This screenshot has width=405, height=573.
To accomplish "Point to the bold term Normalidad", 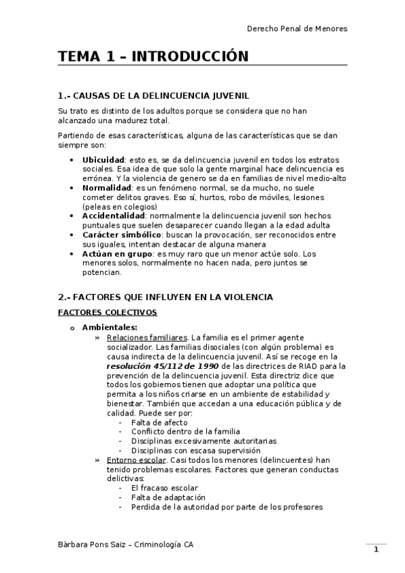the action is [x=106, y=187].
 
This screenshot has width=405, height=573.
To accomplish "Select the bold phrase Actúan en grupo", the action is [x=117, y=253].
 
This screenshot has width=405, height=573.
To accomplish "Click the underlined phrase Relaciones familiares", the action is [x=147, y=337].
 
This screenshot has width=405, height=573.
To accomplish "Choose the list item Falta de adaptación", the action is [x=165, y=497].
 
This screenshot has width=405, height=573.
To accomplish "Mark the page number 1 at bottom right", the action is [x=377, y=550].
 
